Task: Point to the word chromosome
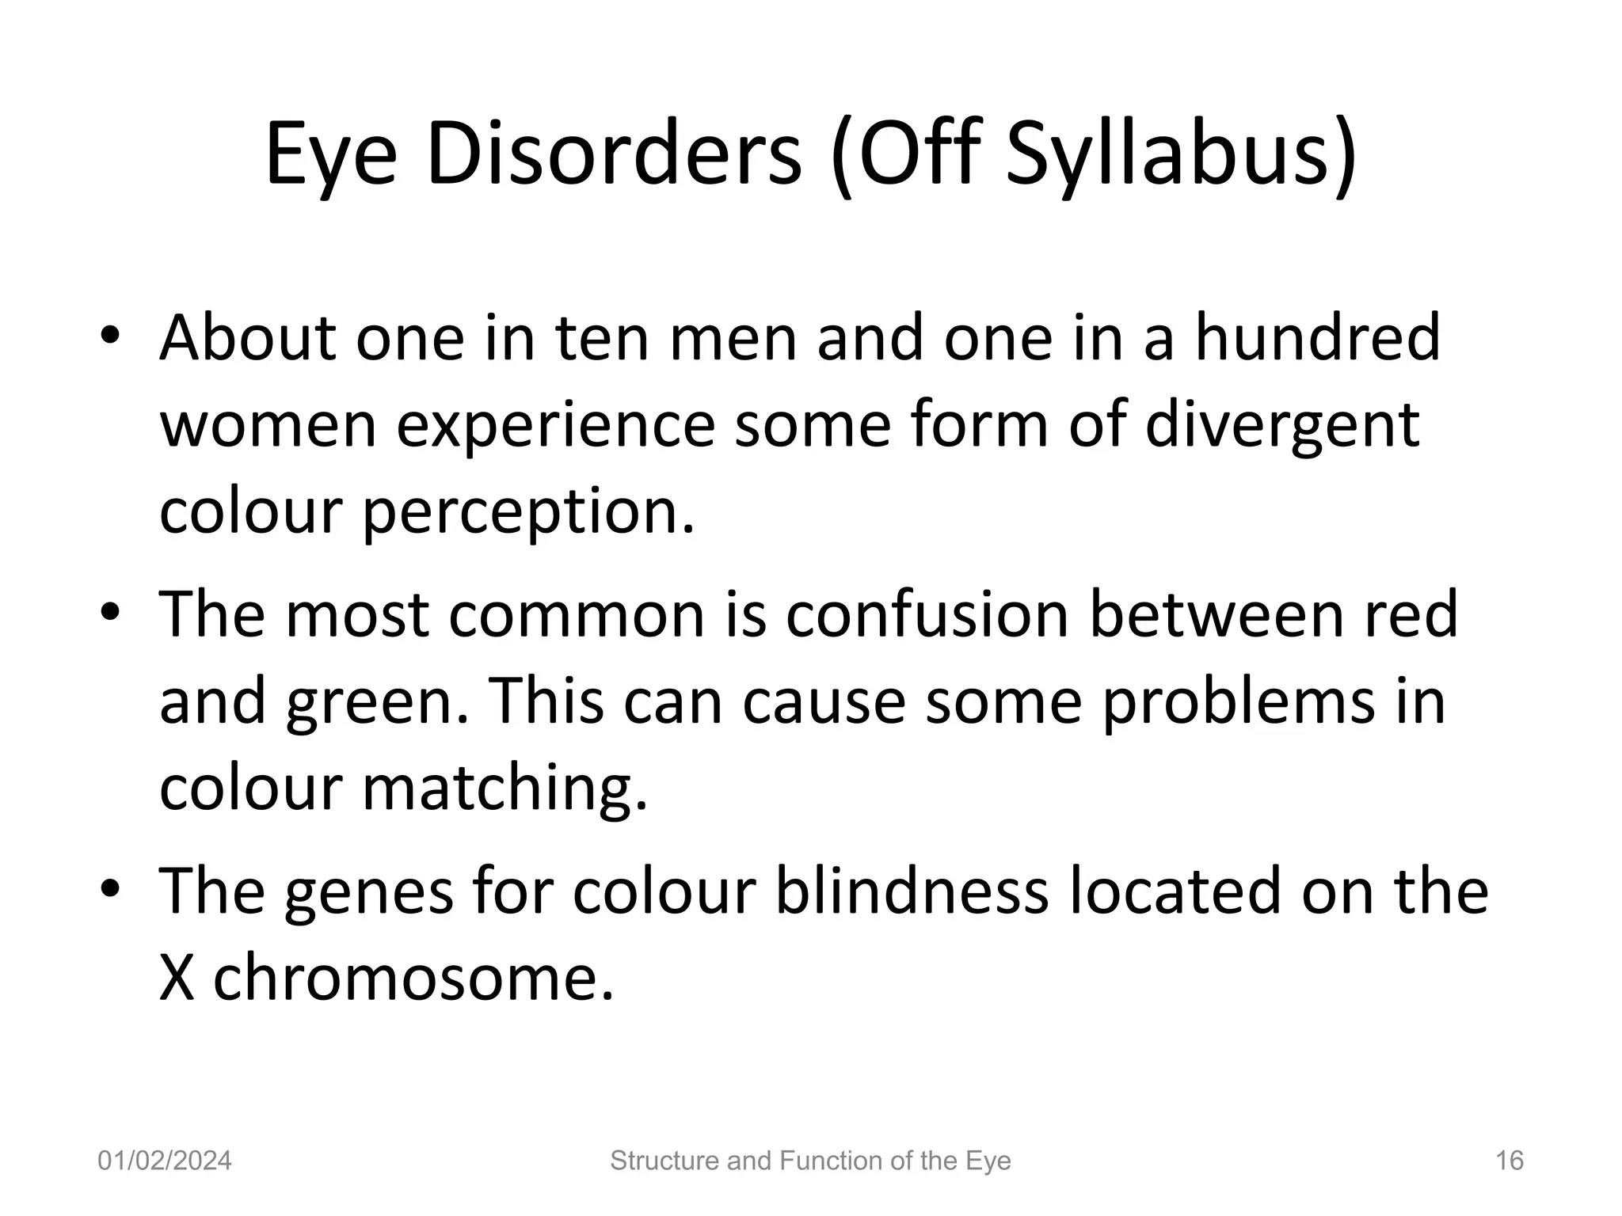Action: [413, 978]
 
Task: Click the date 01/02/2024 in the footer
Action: [165, 1161]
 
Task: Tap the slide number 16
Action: [1509, 1161]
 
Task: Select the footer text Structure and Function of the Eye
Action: [810, 1161]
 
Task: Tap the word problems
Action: [1237, 702]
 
